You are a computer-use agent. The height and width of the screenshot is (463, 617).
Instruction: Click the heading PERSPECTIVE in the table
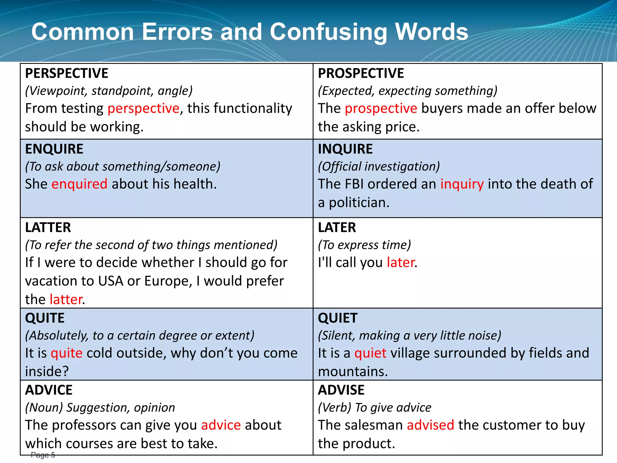click(67, 73)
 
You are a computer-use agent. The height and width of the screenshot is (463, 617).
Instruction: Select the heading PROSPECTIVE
click(361, 73)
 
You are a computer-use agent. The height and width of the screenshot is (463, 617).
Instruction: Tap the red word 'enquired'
click(79, 184)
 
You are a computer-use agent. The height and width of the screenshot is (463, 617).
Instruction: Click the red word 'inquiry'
click(462, 184)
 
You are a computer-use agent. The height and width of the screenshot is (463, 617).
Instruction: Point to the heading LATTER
click(48, 227)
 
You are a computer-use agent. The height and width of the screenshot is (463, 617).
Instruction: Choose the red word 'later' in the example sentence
click(400, 262)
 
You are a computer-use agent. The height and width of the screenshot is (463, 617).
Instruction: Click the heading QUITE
click(45, 318)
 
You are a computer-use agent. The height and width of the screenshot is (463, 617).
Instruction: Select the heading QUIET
click(337, 318)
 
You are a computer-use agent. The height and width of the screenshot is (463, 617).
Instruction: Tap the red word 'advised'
click(430, 425)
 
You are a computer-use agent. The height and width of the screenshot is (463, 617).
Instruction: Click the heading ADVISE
click(341, 390)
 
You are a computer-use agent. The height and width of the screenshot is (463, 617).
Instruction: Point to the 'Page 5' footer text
click(43, 455)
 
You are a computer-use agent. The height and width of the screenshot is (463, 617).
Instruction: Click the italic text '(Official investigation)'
click(379, 166)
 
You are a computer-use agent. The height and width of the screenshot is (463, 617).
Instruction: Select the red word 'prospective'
click(381, 108)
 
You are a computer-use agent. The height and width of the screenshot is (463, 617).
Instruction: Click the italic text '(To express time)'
click(364, 245)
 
